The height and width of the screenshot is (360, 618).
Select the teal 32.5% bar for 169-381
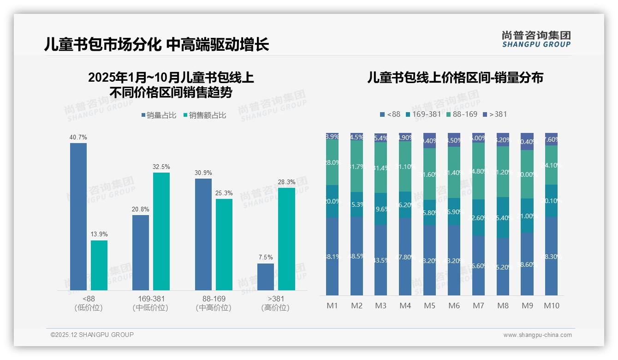click(x=161, y=231)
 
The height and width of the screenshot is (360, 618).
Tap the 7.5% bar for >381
click(x=266, y=277)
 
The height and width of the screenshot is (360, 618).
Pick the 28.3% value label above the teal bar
click(x=286, y=182)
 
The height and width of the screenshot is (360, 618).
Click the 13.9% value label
click(x=99, y=234)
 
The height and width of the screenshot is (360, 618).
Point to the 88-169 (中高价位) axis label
click(x=214, y=303)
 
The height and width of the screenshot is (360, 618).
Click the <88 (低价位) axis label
click(x=89, y=303)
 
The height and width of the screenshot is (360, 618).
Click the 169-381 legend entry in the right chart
click(x=423, y=114)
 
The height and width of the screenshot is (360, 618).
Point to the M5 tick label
click(x=429, y=306)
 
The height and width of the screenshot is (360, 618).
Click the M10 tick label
click(x=551, y=306)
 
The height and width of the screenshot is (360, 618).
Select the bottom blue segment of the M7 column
click(x=478, y=265)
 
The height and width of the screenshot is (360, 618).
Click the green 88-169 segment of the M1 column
click(x=332, y=162)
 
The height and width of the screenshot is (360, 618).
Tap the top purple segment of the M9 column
click(x=527, y=141)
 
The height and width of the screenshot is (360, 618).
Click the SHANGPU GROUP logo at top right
click(x=536, y=39)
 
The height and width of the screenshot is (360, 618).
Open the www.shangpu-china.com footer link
click(x=537, y=335)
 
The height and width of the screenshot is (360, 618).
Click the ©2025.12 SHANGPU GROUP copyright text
click(x=92, y=335)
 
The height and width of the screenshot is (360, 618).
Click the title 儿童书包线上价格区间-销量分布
click(x=455, y=78)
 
